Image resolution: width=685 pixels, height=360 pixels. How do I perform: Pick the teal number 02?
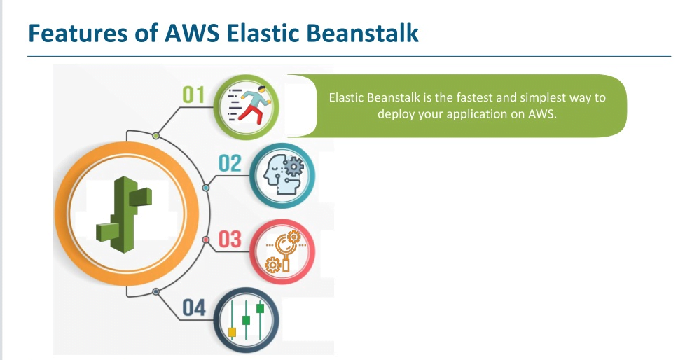point(230,164)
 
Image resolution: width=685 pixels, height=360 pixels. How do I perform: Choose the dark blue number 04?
point(194,307)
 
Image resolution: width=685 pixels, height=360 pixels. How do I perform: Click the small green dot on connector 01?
point(155,135)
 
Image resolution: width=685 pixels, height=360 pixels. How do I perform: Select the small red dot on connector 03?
point(205,240)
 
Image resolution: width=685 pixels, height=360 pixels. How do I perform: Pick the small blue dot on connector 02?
point(205,188)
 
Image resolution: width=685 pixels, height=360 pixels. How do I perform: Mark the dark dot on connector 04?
point(155,291)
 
